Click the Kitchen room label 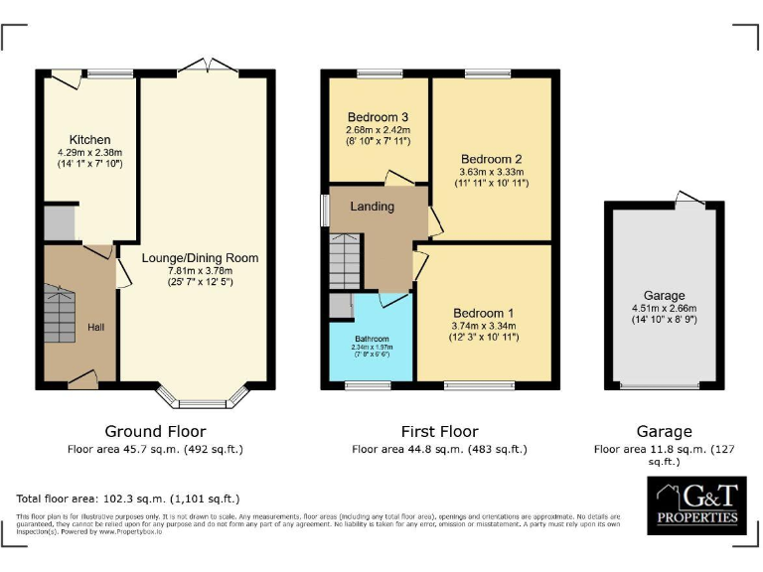(89, 139)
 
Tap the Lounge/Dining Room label (200, 258)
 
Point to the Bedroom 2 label (491, 159)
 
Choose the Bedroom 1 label (484, 311)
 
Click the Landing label (372, 207)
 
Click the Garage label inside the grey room (664, 296)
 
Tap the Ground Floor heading (156, 432)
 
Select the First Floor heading (439, 432)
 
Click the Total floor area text (128, 499)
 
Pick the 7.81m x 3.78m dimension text (200, 270)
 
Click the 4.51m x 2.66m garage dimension (664, 308)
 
